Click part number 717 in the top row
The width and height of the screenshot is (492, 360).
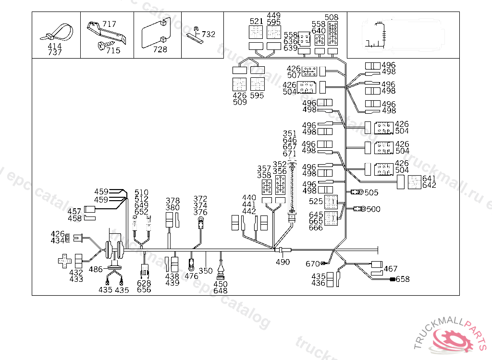click(x=109, y=24)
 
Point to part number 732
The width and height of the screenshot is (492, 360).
click(x=208, y=35)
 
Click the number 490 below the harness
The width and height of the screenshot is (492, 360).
click(x=283, y=262)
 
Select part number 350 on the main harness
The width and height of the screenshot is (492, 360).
click(x=206, y=271)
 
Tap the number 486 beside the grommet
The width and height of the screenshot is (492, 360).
click(x=96, y=270)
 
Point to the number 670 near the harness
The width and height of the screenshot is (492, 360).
click(x=312, y=264)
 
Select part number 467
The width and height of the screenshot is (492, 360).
click(x=391, y=269)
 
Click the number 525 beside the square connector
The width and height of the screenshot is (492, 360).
click(x=316, y=201)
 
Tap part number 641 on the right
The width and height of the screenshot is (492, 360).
click(x=429, y=179)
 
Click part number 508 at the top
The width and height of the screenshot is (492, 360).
click(x=332, y=18)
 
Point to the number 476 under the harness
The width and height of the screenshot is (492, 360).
click(x=191, y=276)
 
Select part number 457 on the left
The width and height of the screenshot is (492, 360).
click(x=74, y=211)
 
